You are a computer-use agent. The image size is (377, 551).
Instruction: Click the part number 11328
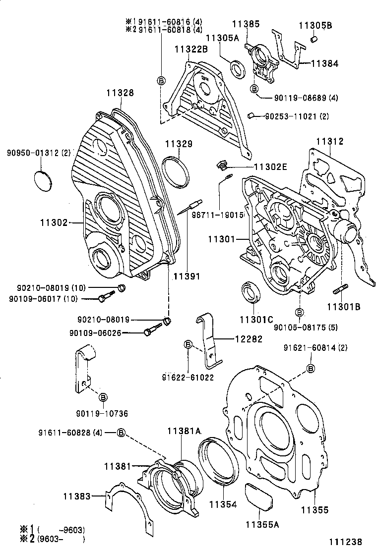coord(120,93)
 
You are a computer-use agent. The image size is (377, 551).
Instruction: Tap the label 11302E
coord(270,167)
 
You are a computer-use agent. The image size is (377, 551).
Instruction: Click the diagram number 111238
coord(346,542)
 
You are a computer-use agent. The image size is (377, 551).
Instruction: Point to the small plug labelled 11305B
coord(314,39)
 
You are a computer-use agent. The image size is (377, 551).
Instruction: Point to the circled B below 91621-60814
coord(311,368)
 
